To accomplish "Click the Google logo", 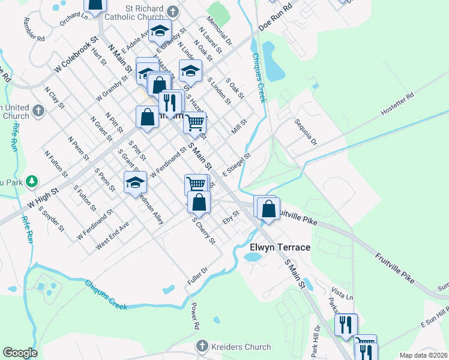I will (x=20, y=353).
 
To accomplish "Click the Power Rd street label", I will (x=195, y=316).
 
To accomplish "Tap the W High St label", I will (x=46, y=197).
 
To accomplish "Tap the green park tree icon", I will (x=32, y=181).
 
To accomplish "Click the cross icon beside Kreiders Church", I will (x=202, y=347).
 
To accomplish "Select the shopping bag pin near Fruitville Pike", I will (x=269, y=210).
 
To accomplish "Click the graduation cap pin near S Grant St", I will (x=135, y=181).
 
